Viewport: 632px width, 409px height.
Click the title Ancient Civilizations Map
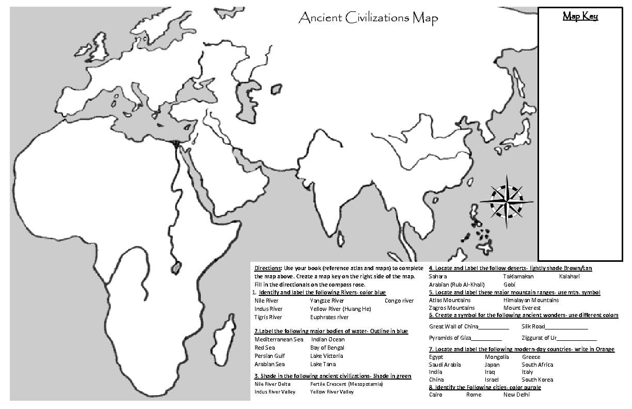368,18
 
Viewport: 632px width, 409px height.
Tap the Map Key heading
580,17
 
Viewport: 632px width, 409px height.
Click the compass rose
506,201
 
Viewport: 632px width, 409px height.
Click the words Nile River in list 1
266,301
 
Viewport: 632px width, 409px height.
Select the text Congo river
399,301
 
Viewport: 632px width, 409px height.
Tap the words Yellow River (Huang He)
340,309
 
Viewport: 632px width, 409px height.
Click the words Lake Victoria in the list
326,356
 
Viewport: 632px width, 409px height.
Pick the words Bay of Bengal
327,348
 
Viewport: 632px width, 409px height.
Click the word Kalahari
570,276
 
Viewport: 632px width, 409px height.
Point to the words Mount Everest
522,308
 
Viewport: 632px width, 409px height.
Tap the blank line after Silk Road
566,327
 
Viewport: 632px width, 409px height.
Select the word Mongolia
497,357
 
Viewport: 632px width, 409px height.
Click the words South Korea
537,380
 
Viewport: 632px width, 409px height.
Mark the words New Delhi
516,395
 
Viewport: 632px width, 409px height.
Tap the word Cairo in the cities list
436,395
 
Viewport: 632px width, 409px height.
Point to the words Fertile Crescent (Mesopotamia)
346,384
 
